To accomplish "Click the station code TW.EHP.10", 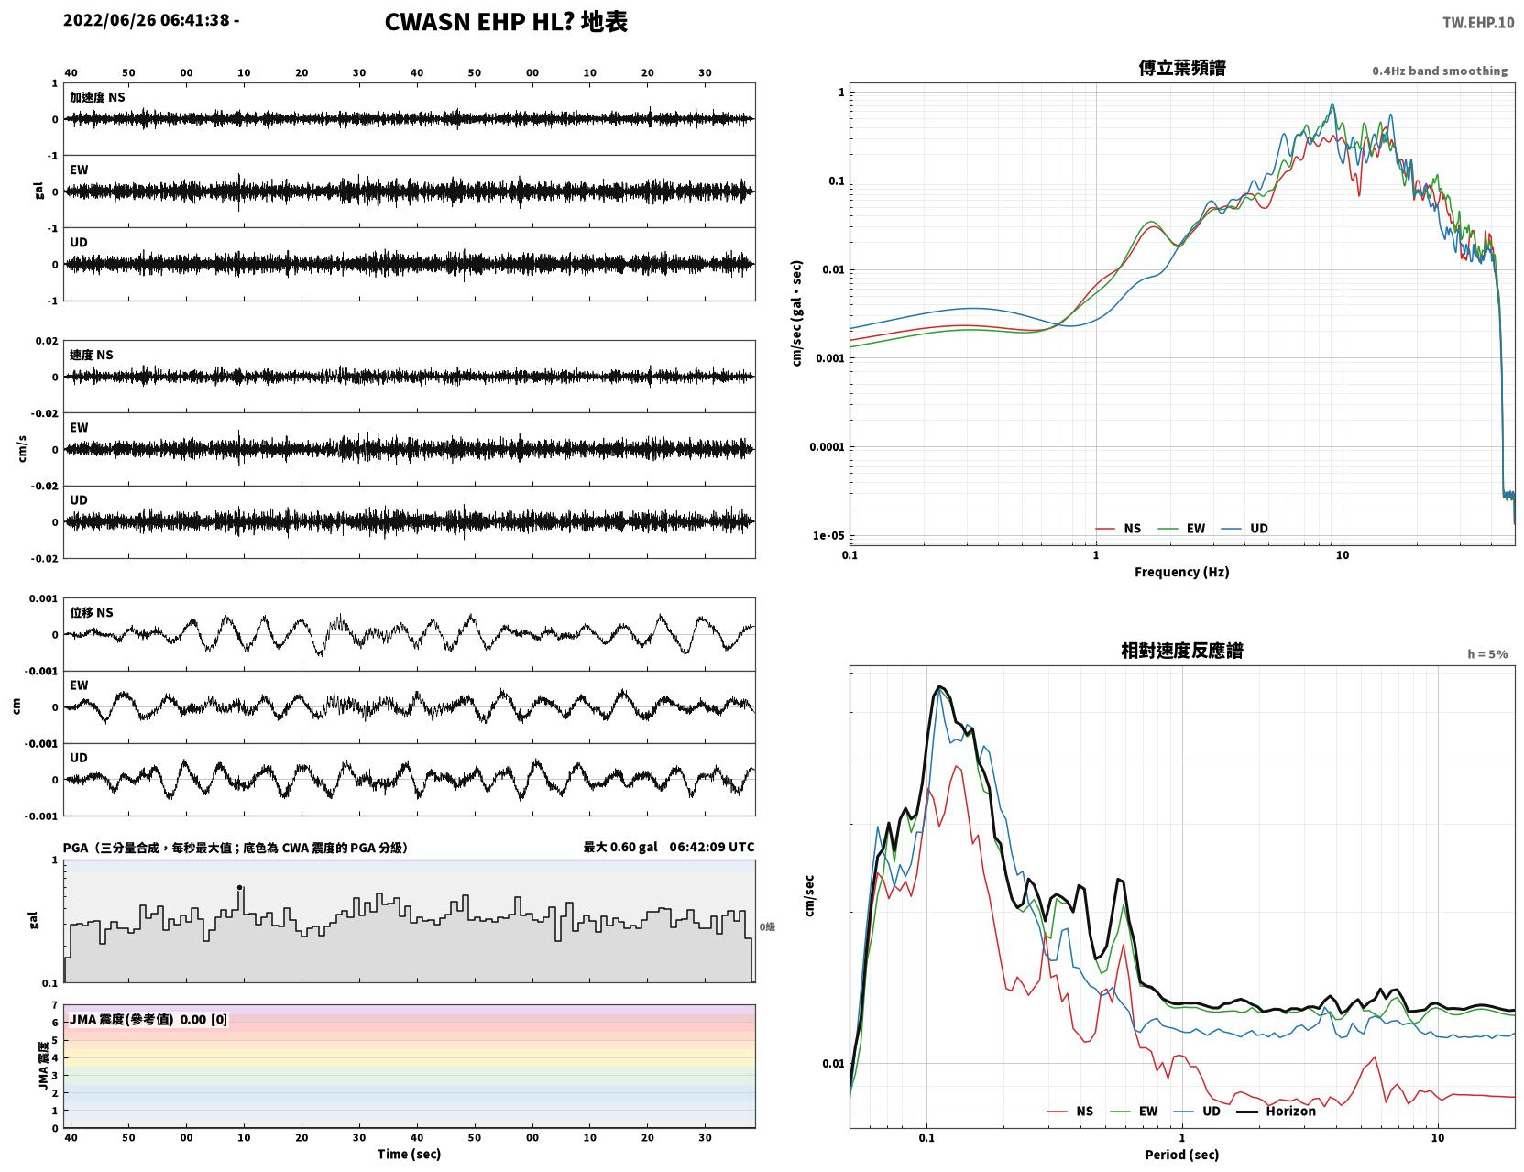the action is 1477,22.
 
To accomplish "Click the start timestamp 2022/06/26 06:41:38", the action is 146,19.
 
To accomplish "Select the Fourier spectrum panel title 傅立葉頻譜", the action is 1182,68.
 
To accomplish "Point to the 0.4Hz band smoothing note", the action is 1439,71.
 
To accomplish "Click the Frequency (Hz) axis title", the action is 1182,572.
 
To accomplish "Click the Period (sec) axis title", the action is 1182,1154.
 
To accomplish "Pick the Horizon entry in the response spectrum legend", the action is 1290,1111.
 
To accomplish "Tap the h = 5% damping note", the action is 1486,654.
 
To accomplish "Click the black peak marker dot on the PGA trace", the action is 240,887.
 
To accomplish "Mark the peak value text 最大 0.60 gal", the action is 620,847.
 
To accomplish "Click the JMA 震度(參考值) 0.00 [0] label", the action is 148,1019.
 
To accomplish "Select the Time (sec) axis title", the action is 409,1154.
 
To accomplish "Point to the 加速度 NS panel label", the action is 97,97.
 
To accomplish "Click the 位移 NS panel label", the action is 91,613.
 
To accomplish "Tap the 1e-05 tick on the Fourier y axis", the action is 828,535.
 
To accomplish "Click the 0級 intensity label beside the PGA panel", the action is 767,926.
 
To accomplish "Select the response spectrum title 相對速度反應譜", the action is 1182,651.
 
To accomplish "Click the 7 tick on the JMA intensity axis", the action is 55,1005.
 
